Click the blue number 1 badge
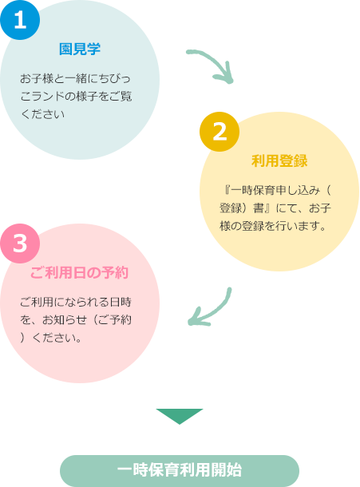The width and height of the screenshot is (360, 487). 20,20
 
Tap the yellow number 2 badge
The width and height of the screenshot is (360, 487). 220,132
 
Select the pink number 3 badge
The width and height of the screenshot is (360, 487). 20,243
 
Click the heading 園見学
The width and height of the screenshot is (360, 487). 80,49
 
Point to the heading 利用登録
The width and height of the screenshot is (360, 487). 279,161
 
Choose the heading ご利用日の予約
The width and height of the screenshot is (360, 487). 79,273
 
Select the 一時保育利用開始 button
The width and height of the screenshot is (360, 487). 180,470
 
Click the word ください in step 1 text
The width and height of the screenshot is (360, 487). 42,114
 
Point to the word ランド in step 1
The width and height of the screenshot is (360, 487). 48,97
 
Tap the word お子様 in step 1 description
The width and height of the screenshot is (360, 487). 37,78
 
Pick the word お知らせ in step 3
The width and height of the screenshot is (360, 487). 65,320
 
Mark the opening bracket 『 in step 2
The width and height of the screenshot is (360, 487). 227,190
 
